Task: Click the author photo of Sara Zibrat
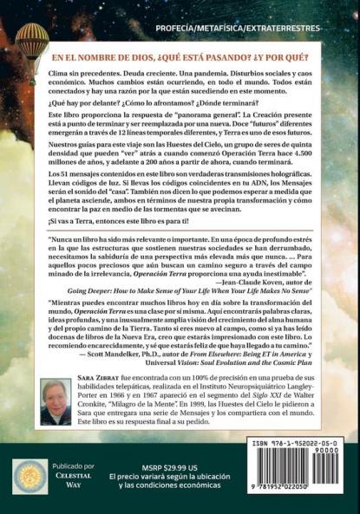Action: point(56,401)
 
